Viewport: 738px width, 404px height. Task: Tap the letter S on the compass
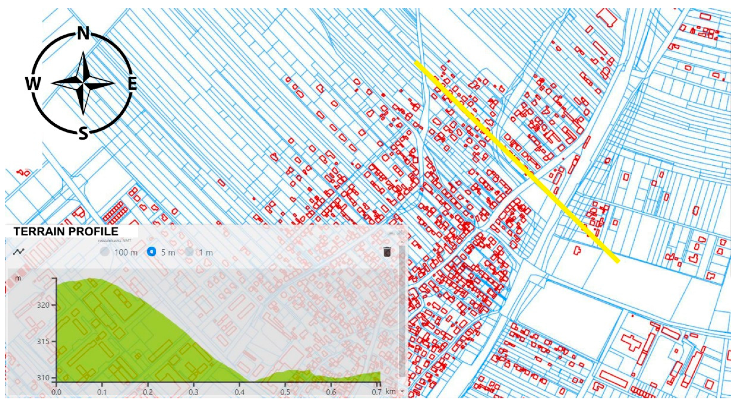(x=83, y=133)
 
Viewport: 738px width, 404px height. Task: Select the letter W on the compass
(x=33, y=84)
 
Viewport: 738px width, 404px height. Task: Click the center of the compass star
(x=83, y=83)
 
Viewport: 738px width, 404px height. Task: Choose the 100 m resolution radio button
(x=105, y=252)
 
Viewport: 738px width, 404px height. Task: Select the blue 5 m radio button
(x=151, y=252)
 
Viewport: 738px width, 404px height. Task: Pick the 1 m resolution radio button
(x=189, y=252)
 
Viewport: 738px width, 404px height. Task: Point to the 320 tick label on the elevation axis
(x=44, y=305)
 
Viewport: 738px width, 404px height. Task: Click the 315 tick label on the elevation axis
(x=44, y=341)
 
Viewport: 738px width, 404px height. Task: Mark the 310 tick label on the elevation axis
(x=44, y=378)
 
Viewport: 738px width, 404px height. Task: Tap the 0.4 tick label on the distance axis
(x=239, y=392)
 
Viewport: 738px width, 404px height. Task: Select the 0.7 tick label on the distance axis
(x=377, y=392)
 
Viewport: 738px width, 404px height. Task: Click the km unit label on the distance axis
(x=390, y=391)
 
